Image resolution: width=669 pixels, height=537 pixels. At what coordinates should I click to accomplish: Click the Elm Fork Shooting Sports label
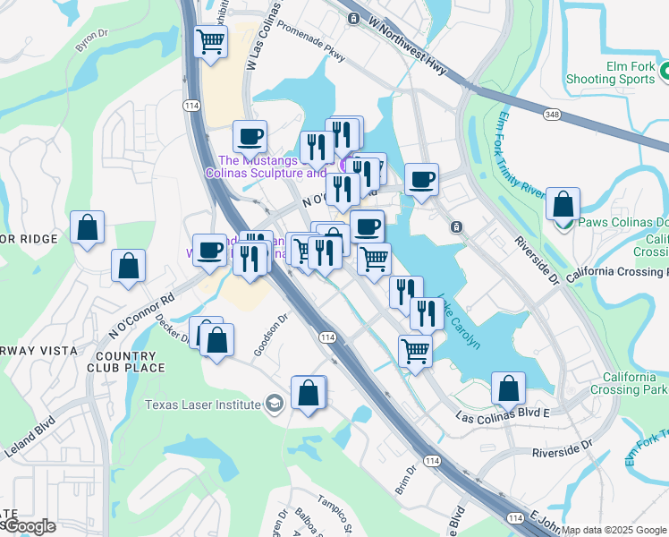pyautogui.click(x=610, y=72)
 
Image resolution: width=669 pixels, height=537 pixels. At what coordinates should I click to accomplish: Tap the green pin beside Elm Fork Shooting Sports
pyautogui.click(x=665, y=69)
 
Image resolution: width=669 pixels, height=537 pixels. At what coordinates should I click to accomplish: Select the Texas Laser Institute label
pyautogui.click(x=204, y=405)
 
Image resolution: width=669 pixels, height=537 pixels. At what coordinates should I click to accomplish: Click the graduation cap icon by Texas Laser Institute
pyautogui.click(x=275, y=405)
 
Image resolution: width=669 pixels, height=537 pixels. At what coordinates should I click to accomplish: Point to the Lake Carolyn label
pyautogui.click(x=460, y=321)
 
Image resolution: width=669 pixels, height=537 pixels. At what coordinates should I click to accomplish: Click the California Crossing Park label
pyautogui.click(x=634, y=383)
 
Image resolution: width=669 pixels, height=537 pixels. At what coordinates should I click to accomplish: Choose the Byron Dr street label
pyautogui.click(x=92, y=41)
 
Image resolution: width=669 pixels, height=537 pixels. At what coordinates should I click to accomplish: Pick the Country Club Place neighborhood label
pyautogui.click(x=126, y=362)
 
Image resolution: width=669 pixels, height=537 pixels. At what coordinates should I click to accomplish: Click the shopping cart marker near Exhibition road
pyautogui.click(x=210, y=41)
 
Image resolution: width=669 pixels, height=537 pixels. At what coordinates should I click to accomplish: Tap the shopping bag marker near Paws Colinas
pyautogui.click(x=563, y=204)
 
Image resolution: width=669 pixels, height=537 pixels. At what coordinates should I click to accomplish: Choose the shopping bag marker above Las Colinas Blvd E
pyautogui.click(x=508, y=388)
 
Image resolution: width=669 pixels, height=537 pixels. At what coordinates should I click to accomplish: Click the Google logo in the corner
pyautogui.click(x=29, y=526)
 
